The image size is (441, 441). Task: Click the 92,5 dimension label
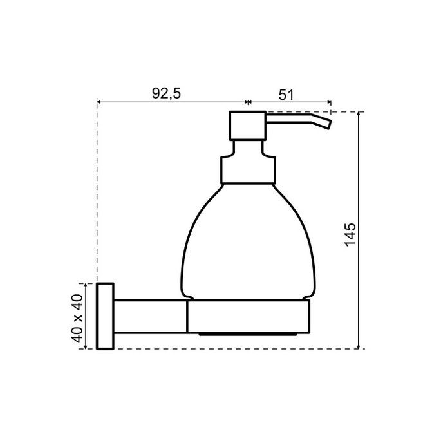point(166,93)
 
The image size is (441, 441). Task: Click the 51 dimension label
point(286,93)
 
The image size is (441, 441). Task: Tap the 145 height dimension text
point(350,236)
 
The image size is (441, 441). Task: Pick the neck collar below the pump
point(248,169)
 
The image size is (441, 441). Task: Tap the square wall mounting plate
point(105,315)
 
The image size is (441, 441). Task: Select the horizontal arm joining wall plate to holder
point(150,316)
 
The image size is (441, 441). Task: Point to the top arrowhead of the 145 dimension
point(359,115)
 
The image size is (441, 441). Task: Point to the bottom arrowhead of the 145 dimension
point(359,346)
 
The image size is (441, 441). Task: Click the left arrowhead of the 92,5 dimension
point(99,102)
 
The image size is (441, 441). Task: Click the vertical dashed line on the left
point(96,193)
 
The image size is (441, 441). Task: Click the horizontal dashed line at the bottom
point(232,349)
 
